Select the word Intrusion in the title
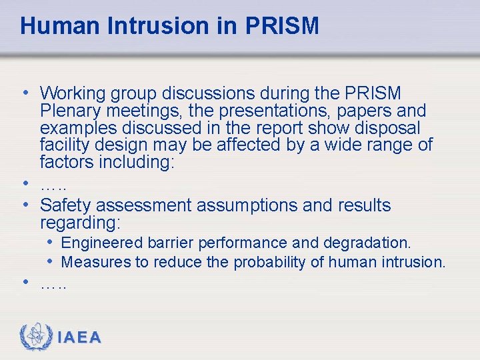click(x=162, y=26)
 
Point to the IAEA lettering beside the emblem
click(x=79, y=338)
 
